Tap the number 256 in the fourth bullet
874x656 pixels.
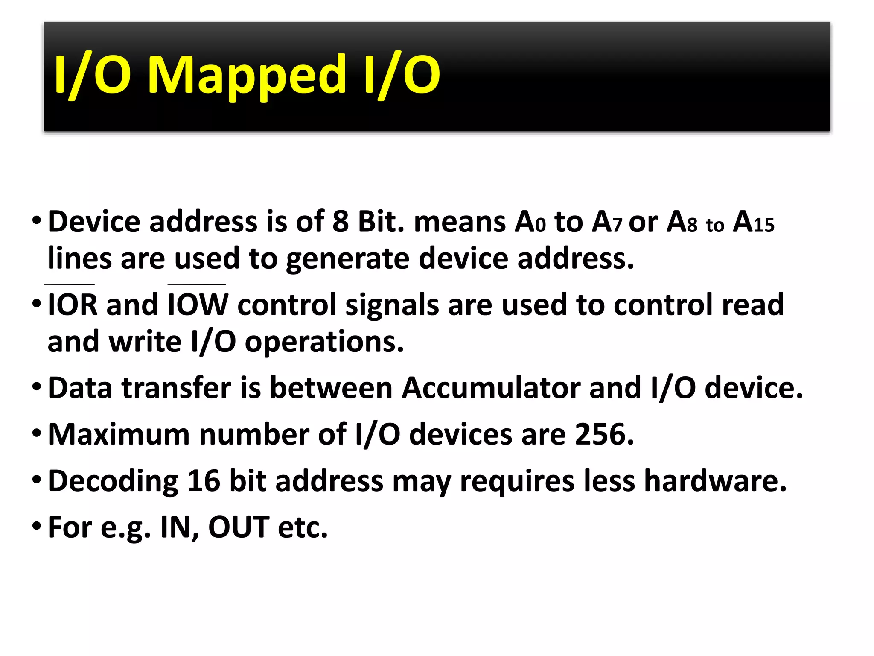(604, 434)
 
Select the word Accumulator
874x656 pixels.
(491, 388)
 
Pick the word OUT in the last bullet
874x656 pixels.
(239, 527)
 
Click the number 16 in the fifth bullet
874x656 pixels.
(203, 481)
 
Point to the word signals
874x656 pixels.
(392, 305)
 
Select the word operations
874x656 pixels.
(324, 342)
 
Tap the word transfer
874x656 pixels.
(176, 388)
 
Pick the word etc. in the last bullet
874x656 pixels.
(303, 527)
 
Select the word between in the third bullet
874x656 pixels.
(331, 388)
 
